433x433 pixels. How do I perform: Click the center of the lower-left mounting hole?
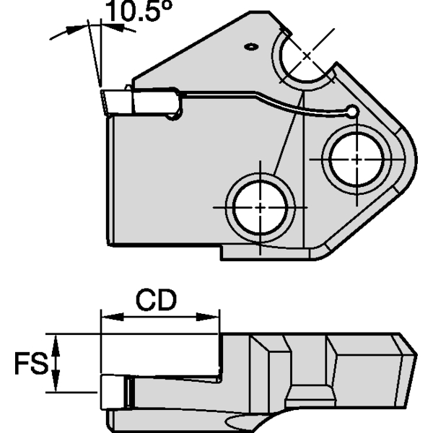[259, 206]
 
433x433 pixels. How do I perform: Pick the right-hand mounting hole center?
[356, 158]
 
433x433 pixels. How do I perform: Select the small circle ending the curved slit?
[351, 111]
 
